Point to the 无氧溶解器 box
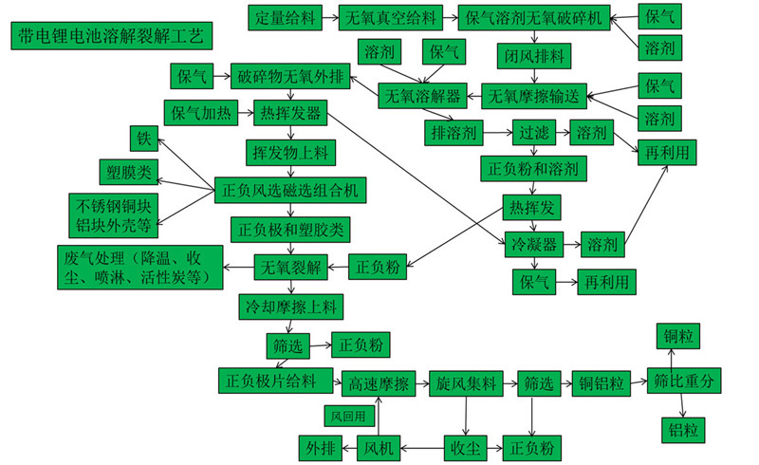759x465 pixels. coord(423,96)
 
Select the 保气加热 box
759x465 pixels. coord(200,114)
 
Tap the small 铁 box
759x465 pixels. coord(144,139)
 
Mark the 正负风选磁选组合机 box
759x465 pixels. coord(288,190)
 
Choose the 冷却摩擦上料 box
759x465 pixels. coord(289,307)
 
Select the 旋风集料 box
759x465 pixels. coord(466,383)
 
